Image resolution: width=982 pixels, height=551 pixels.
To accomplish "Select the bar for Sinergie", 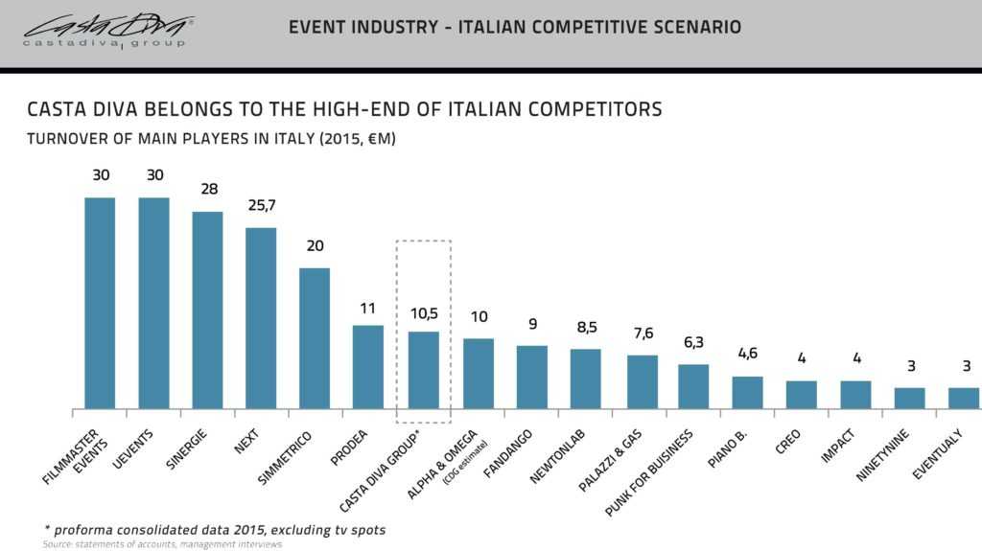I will [x=207, y=310].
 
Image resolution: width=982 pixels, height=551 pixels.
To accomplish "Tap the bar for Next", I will [x=261, y=318].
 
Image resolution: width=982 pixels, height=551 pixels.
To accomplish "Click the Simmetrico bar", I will [x=315, y=338].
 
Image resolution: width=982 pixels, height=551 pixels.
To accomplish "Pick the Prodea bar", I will [x=368, y=367].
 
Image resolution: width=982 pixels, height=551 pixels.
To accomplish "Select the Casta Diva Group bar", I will [x=423, y=370].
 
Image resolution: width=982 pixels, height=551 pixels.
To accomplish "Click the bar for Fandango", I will [x=531, y=377].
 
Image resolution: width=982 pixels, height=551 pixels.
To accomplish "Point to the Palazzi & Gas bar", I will [x=642, y=381].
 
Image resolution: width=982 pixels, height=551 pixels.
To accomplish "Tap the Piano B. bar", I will [x=747, y=392].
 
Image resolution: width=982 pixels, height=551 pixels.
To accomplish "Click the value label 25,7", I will [x=261, y=207].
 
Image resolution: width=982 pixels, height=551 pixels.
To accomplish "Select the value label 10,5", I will [x=423, y=313].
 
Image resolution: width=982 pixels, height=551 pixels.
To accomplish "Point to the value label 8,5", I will [x=585, y=328].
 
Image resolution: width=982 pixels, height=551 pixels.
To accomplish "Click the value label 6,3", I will [x=693, y=343].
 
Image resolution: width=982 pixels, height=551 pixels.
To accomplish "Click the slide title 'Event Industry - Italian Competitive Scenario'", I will [x=514, y=28].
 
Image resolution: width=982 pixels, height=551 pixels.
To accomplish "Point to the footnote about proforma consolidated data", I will [x=215, y=529].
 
